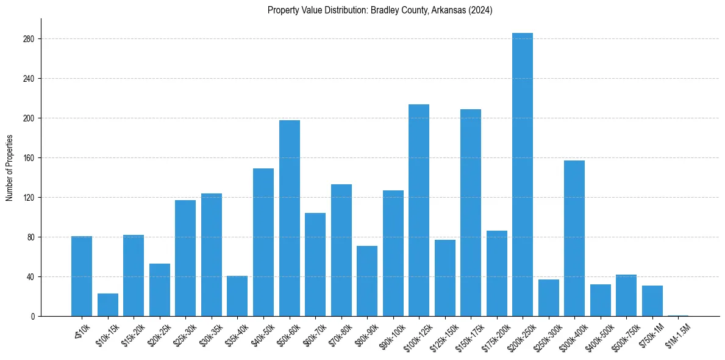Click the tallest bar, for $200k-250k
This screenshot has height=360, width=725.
tap(523, 175)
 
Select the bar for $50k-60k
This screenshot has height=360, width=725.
tap(290, 218)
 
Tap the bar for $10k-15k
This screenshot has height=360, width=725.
tap(108, 304)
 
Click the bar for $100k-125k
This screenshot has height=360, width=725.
tap(419, 210)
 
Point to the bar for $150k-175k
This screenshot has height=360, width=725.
tap(471, 212)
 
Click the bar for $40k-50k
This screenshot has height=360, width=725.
tap(263, 242)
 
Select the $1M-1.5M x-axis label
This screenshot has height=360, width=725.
tap(677, 333)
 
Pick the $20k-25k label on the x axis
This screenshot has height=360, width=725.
tap(159, 333)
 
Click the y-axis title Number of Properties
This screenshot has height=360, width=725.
tap(9, 168)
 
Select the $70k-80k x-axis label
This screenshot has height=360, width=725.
tap(341, 333)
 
